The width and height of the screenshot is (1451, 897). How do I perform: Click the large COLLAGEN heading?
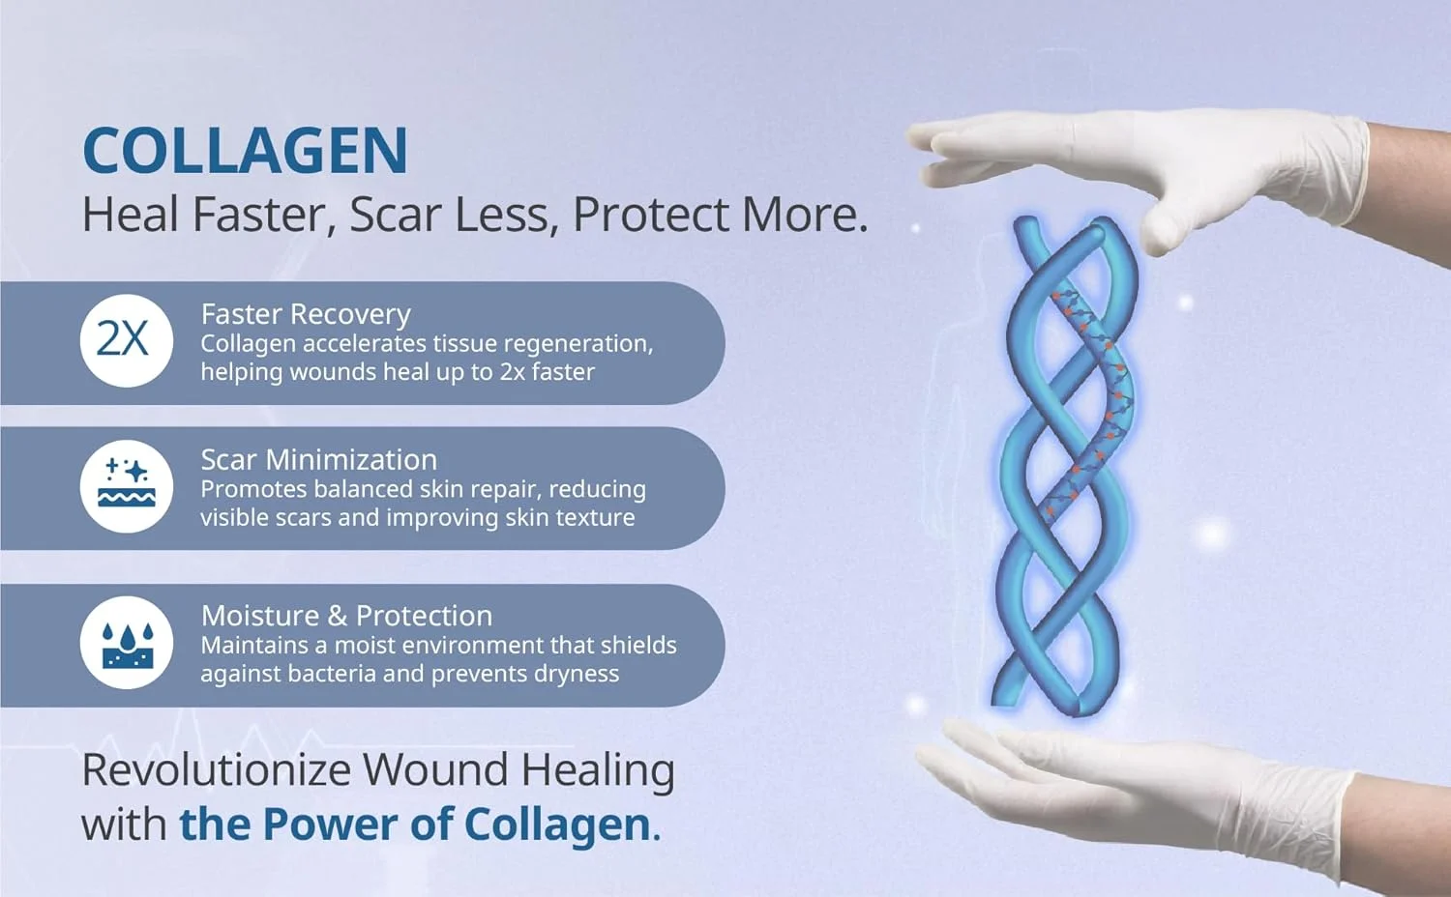[x=246, y=150]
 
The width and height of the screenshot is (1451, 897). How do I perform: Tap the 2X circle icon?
[x=127, y=340]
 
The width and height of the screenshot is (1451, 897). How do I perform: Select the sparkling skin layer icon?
[x=127, y=486]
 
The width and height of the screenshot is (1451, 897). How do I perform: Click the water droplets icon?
[x=127, y=643]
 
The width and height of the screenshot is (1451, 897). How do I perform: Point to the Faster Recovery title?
[x=306, y=314]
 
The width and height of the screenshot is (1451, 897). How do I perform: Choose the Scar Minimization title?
[x=318, y=459]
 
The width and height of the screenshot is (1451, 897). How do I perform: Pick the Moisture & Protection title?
[x=346, y=616]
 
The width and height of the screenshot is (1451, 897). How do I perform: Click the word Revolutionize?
[x=217, y=770]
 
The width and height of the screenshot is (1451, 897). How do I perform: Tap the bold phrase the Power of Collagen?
[x=421, y=825]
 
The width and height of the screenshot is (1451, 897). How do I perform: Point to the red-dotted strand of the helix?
[x=1095, y=401]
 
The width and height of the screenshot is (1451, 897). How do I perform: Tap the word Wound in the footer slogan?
[x=435, y=770]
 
